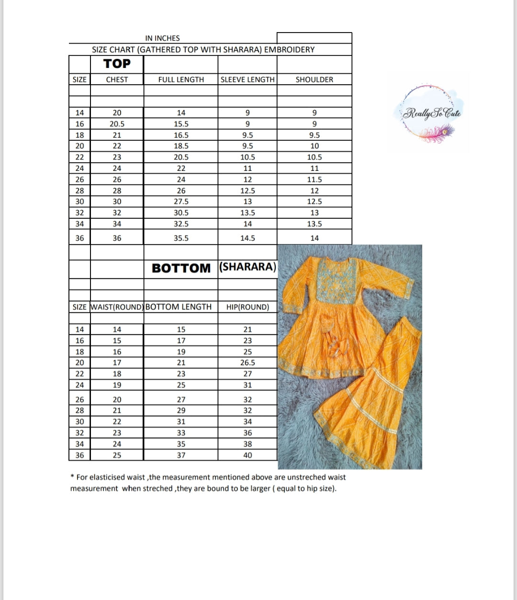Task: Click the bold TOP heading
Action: point(117,64)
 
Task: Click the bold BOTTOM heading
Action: point(181,268)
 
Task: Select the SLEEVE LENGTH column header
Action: point(247,79)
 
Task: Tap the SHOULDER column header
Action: point(314,79)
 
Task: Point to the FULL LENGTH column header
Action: point(181,79)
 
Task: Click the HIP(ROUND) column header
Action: point(247,307)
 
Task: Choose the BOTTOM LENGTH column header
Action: point(179,307)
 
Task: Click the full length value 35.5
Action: point(181,238)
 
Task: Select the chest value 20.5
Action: point(117,124)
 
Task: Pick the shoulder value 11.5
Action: point(314,180)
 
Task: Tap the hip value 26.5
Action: point(247,363)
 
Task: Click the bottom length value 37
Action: point(181,455)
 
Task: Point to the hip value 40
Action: point(247,455)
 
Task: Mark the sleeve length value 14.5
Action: point(247,238)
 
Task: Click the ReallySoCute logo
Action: point(428,114)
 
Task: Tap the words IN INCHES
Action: point(162,38)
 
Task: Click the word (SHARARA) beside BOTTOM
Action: point(247,267)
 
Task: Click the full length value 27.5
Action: point(181,202)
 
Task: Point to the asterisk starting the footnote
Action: point(72,476)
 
